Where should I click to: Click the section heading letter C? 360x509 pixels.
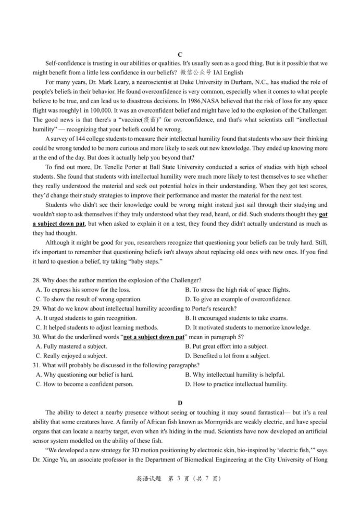click(x=180, y=55)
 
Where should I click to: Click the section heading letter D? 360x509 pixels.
click(x=180, y=402)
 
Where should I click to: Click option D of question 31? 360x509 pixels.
click(x=236, y=384)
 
